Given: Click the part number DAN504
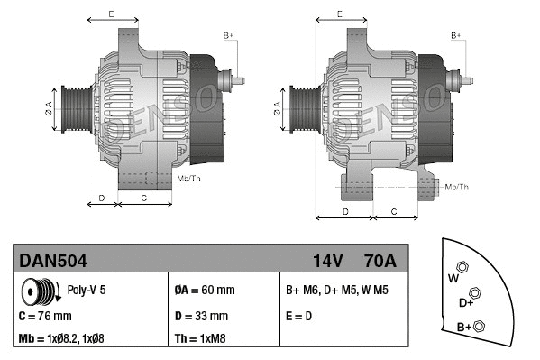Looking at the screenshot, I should (x=53, y=262).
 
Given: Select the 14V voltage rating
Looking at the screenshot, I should (x=327, y=262).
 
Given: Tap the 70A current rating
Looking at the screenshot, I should (x=379, y=262).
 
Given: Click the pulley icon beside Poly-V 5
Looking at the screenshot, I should (x=39, y=291).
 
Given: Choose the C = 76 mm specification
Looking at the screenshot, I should (x=45, y=316).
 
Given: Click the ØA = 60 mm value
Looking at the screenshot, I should (x=204, y=291).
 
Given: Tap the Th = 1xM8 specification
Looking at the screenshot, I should (x=201, y=340).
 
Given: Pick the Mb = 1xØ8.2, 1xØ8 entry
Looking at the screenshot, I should (x=74, y=340).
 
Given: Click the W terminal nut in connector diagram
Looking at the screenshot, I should (x=462, y=266).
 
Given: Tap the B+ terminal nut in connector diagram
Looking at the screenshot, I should (x=480, y=326).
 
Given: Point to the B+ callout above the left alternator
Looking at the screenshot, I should (x=228, y=34).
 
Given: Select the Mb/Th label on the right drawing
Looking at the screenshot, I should (x=457, y=187).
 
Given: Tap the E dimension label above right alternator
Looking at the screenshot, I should (x=339, y=14).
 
